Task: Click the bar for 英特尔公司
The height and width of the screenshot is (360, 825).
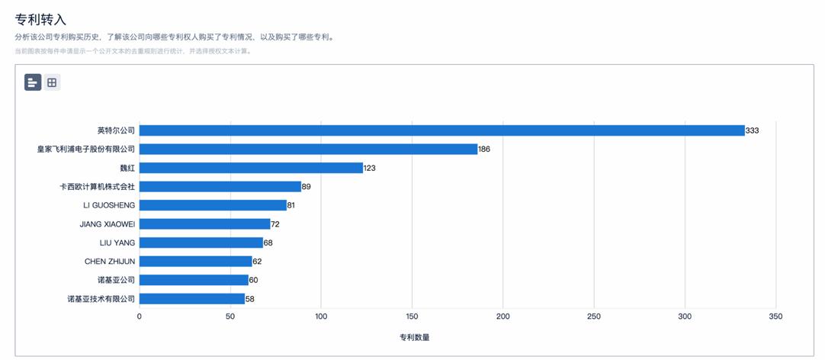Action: click(x=441, y=130)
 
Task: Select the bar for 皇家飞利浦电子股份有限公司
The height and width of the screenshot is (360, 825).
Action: click(x=308, y=149)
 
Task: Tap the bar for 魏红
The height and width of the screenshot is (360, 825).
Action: click(x=251, y=168)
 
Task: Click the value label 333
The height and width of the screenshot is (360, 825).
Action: click(x=753, y=130)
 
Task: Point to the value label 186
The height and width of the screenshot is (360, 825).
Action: click(x=484, y=149)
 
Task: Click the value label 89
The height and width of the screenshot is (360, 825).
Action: click(x=307, y=187)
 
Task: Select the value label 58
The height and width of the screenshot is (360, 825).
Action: click(x=250, y=299)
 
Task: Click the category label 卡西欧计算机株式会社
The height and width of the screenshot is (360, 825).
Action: click(x=97, y=187)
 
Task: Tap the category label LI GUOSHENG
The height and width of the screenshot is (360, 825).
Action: click(x=109, y=205)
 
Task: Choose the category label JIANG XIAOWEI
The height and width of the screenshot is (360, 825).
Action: click(x=107, y=224)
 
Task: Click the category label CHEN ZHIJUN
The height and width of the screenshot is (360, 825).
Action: click(x=110, y=262)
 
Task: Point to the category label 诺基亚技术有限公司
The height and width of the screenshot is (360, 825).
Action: click(x=101, y=299)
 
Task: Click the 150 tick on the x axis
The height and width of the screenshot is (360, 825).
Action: click(x=412, y=317)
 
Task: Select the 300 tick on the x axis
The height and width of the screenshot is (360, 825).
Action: click(x=685, y=317)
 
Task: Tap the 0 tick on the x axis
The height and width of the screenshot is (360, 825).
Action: click(x=139, y=317)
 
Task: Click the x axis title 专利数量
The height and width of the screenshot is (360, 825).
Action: click(x=414, y=337)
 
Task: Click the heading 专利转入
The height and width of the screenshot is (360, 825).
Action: click(x=40, y=19)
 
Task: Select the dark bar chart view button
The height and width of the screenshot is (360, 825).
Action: click(x=33, y=82)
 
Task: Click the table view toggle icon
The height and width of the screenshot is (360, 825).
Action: click(x=52, y=82)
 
